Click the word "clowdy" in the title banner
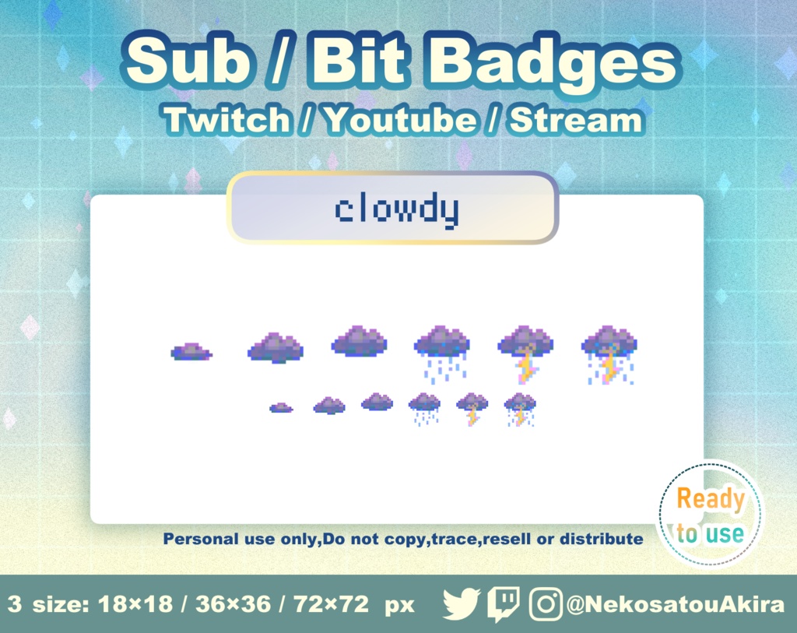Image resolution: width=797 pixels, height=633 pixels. coord(396,210)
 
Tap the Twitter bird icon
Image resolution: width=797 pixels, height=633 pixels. coord(462,604)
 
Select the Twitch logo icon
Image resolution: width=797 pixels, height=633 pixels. coord(504,604)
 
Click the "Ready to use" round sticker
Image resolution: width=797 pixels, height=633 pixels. coord(710,515)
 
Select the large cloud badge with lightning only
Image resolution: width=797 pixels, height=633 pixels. coord(525,353)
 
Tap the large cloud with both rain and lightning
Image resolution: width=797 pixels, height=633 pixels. coord(609,354)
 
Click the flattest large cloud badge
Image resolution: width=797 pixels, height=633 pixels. coord(191,353)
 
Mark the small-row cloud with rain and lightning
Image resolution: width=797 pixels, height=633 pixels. coord(520,409)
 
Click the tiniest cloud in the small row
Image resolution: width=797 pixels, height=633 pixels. coord(281,407)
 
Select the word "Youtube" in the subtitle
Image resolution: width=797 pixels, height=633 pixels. coord(400,120)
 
